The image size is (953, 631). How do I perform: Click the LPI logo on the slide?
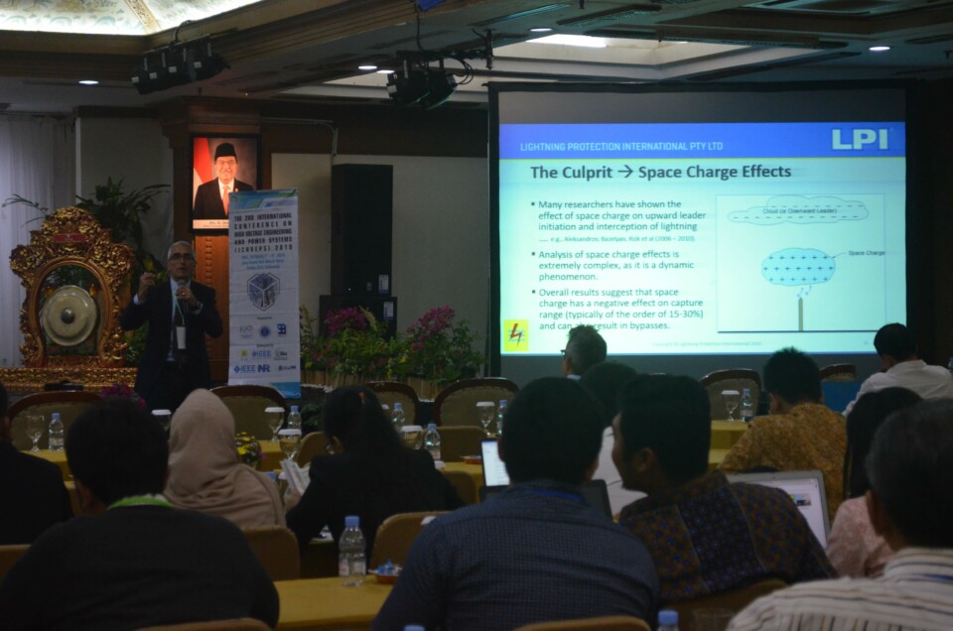point(859,139)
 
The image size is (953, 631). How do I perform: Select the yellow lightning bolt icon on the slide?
point(516,334)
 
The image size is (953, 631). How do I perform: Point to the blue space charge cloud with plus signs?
point(798,266)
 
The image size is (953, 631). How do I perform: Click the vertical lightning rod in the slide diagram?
point(800,312)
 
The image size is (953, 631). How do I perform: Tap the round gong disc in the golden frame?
point(68,315)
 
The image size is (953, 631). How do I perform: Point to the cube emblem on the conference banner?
point(263,291)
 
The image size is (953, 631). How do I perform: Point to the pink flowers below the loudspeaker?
point(347,321)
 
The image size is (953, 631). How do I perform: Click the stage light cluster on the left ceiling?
point(177,65)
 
